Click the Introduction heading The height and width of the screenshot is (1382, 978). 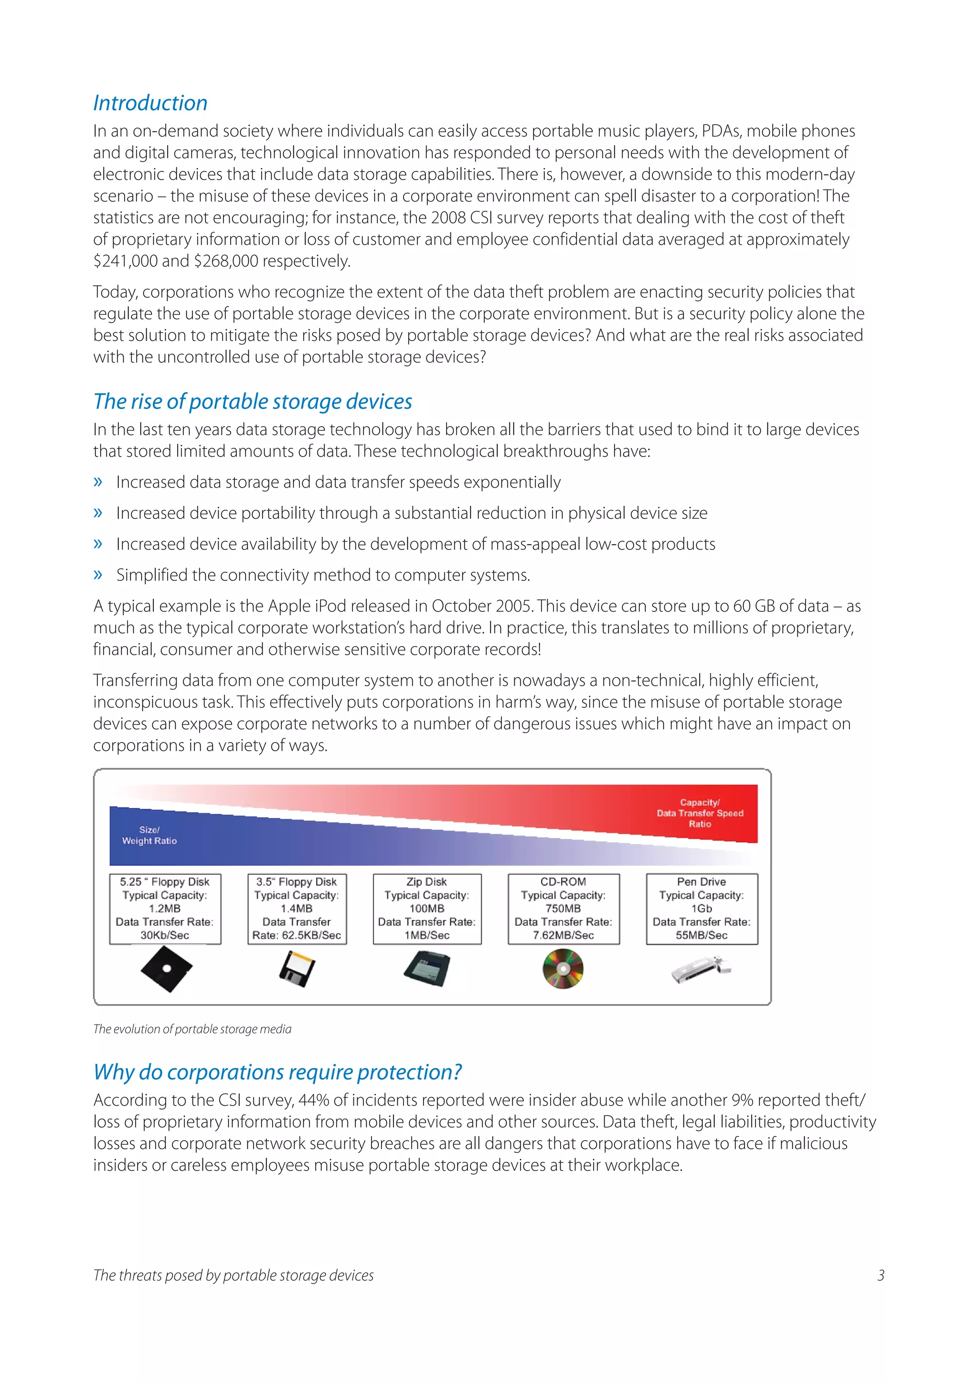(150, 103)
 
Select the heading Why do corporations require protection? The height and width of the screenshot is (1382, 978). (277, 1072)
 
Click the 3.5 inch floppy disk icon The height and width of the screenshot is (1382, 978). (297, 968)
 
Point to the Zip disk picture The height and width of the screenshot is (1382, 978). (427, 968)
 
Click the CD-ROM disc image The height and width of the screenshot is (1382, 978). (563, 968)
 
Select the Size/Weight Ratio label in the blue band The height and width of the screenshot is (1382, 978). (149, 836)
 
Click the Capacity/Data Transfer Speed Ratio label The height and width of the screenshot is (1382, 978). (700, 813)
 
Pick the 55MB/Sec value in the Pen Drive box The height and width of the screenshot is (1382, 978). (702, 935)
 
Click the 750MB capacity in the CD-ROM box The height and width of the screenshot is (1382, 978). (563, 908)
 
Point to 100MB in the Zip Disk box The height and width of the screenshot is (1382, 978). (427, 908)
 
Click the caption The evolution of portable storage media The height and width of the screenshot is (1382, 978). (192, 1029)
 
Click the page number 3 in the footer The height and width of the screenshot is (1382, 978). (881, 1276)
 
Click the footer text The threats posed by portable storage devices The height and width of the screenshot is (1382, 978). (234, 1276)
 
